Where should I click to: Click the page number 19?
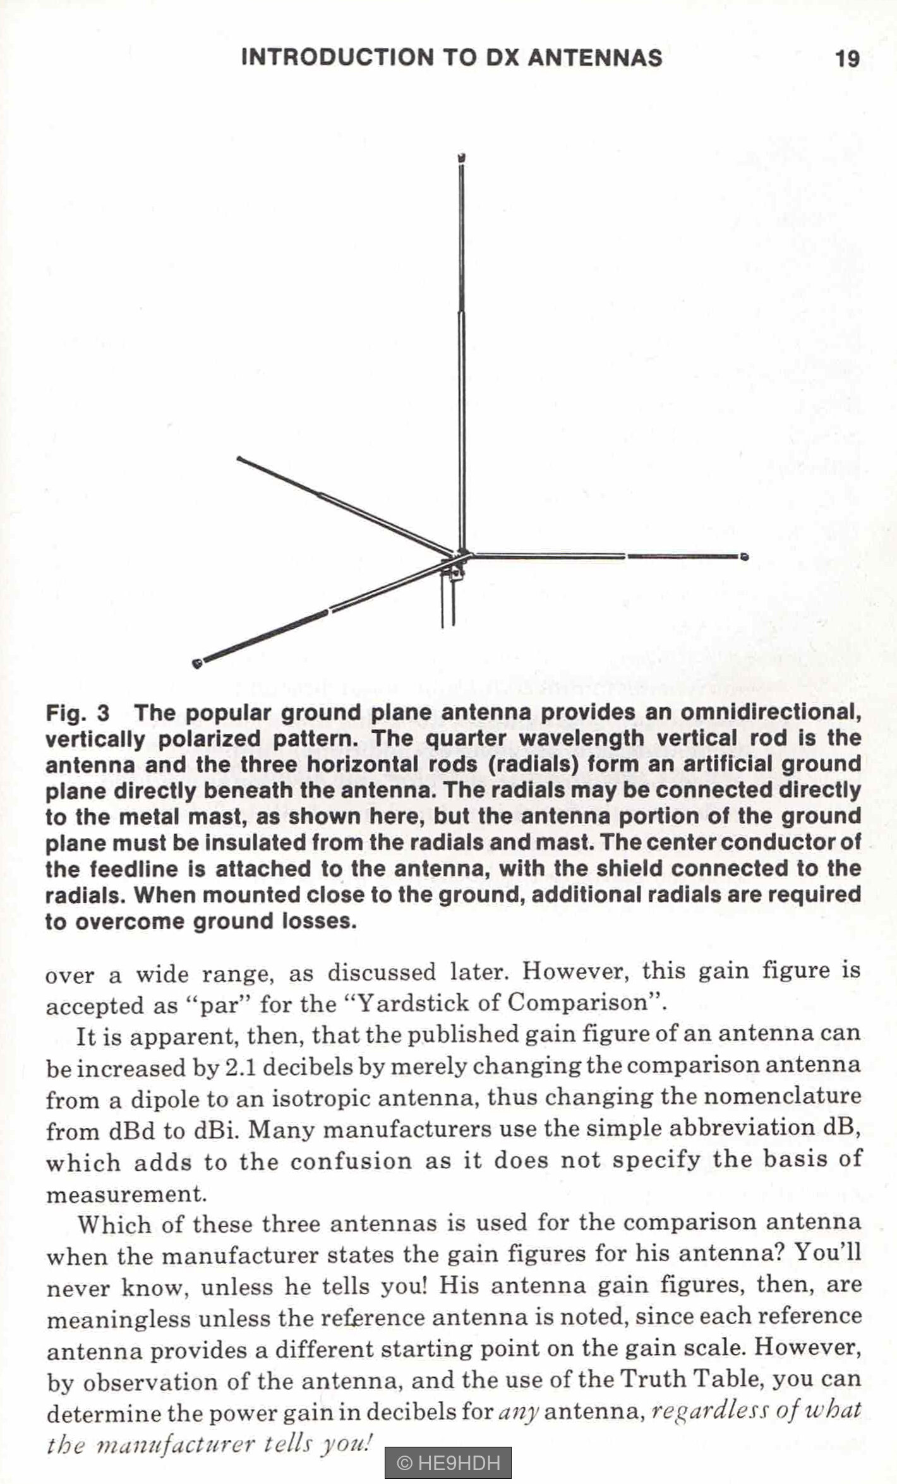coord(847,59)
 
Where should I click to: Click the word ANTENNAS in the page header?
coord(594,57)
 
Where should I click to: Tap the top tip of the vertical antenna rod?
coord(461,157)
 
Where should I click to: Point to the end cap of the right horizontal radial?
coord(745,556)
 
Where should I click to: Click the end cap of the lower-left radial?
coord(197,663)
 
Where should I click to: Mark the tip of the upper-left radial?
coord(239,458)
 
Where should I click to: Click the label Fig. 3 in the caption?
coord(77,714)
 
